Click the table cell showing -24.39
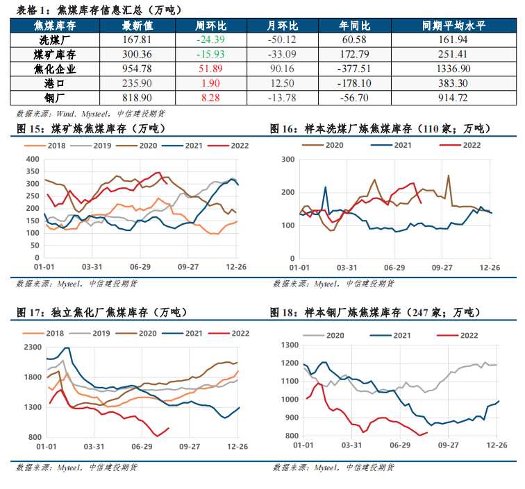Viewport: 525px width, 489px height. pyautogui.click(x=210, y=40)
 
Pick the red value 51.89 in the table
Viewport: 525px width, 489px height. pyautogui.click(x=210, y=69)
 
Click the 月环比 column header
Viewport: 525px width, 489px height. pyautogui.click(x=281, y=26)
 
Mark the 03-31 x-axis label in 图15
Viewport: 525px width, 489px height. pyautogui.click(x=92, y=267)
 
